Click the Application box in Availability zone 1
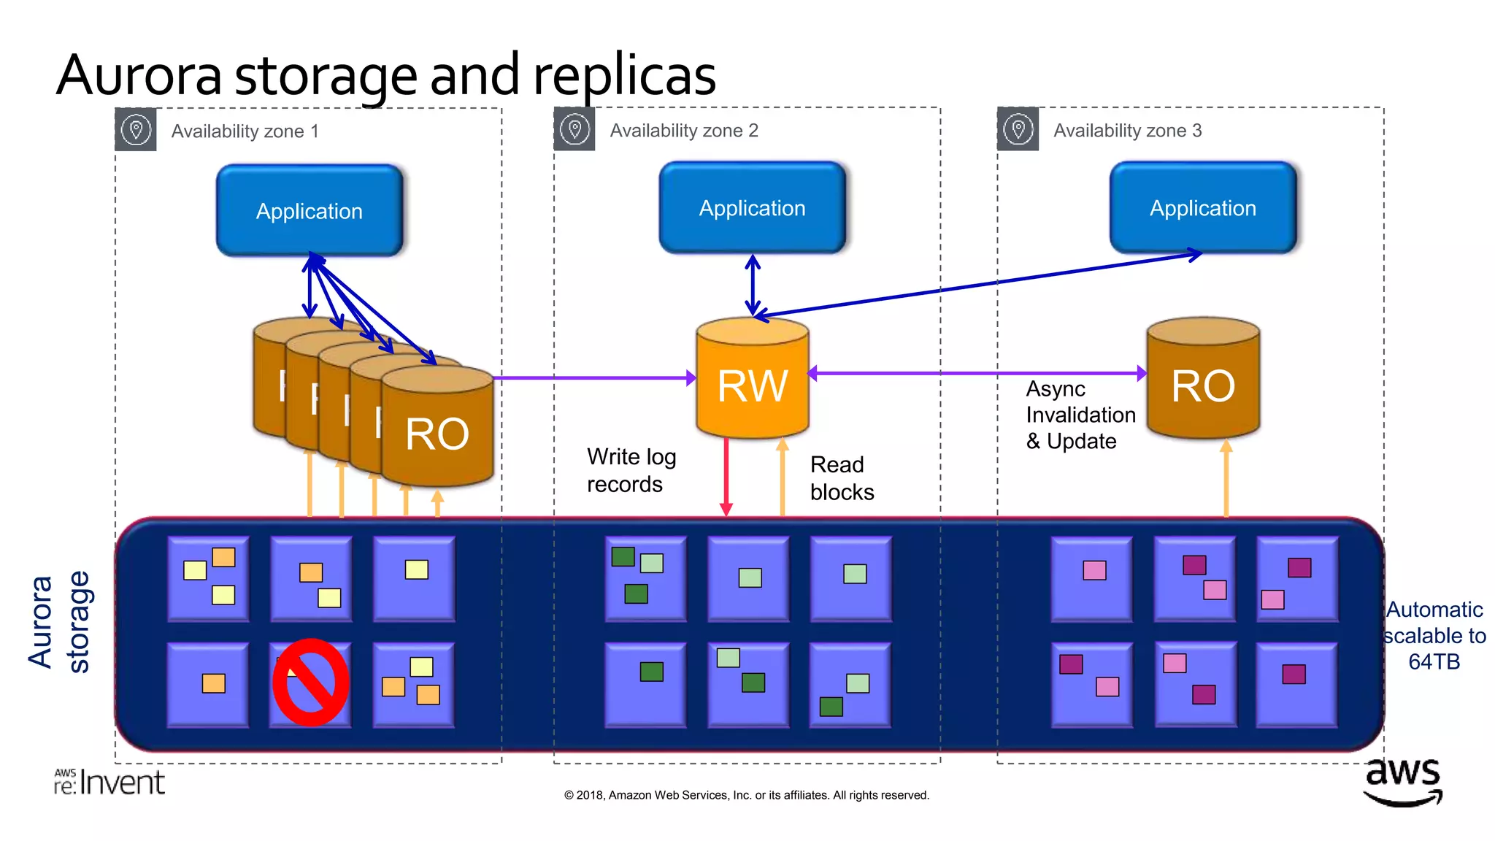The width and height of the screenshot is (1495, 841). (x=310, y=211)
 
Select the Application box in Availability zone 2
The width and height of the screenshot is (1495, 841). (x=752, y=208)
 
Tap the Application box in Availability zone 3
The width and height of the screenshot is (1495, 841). (x=1202, y=208)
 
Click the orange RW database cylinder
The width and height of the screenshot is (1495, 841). (x=752, y=383)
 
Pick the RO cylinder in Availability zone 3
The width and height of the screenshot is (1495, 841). (x=1202, y=383)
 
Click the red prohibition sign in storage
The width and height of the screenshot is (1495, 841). (x=310, y=683)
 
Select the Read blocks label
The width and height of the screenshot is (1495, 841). (x=841, y=478)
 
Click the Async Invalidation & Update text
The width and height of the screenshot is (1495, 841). (x=1080, y=415)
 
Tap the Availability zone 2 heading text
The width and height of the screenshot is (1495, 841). (x=684, y=131)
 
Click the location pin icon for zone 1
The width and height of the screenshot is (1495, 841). (x=136, y=130)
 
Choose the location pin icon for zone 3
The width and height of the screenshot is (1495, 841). (x=1018, y=129)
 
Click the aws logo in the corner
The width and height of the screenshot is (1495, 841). (x=1402, y=781)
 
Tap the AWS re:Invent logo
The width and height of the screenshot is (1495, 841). (x=109, y=782)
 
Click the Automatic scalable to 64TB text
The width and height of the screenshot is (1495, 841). (x=1434, y=635)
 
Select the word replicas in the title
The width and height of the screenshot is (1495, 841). (x=624, y=75)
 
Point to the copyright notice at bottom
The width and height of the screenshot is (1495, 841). (x=746, y=795)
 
